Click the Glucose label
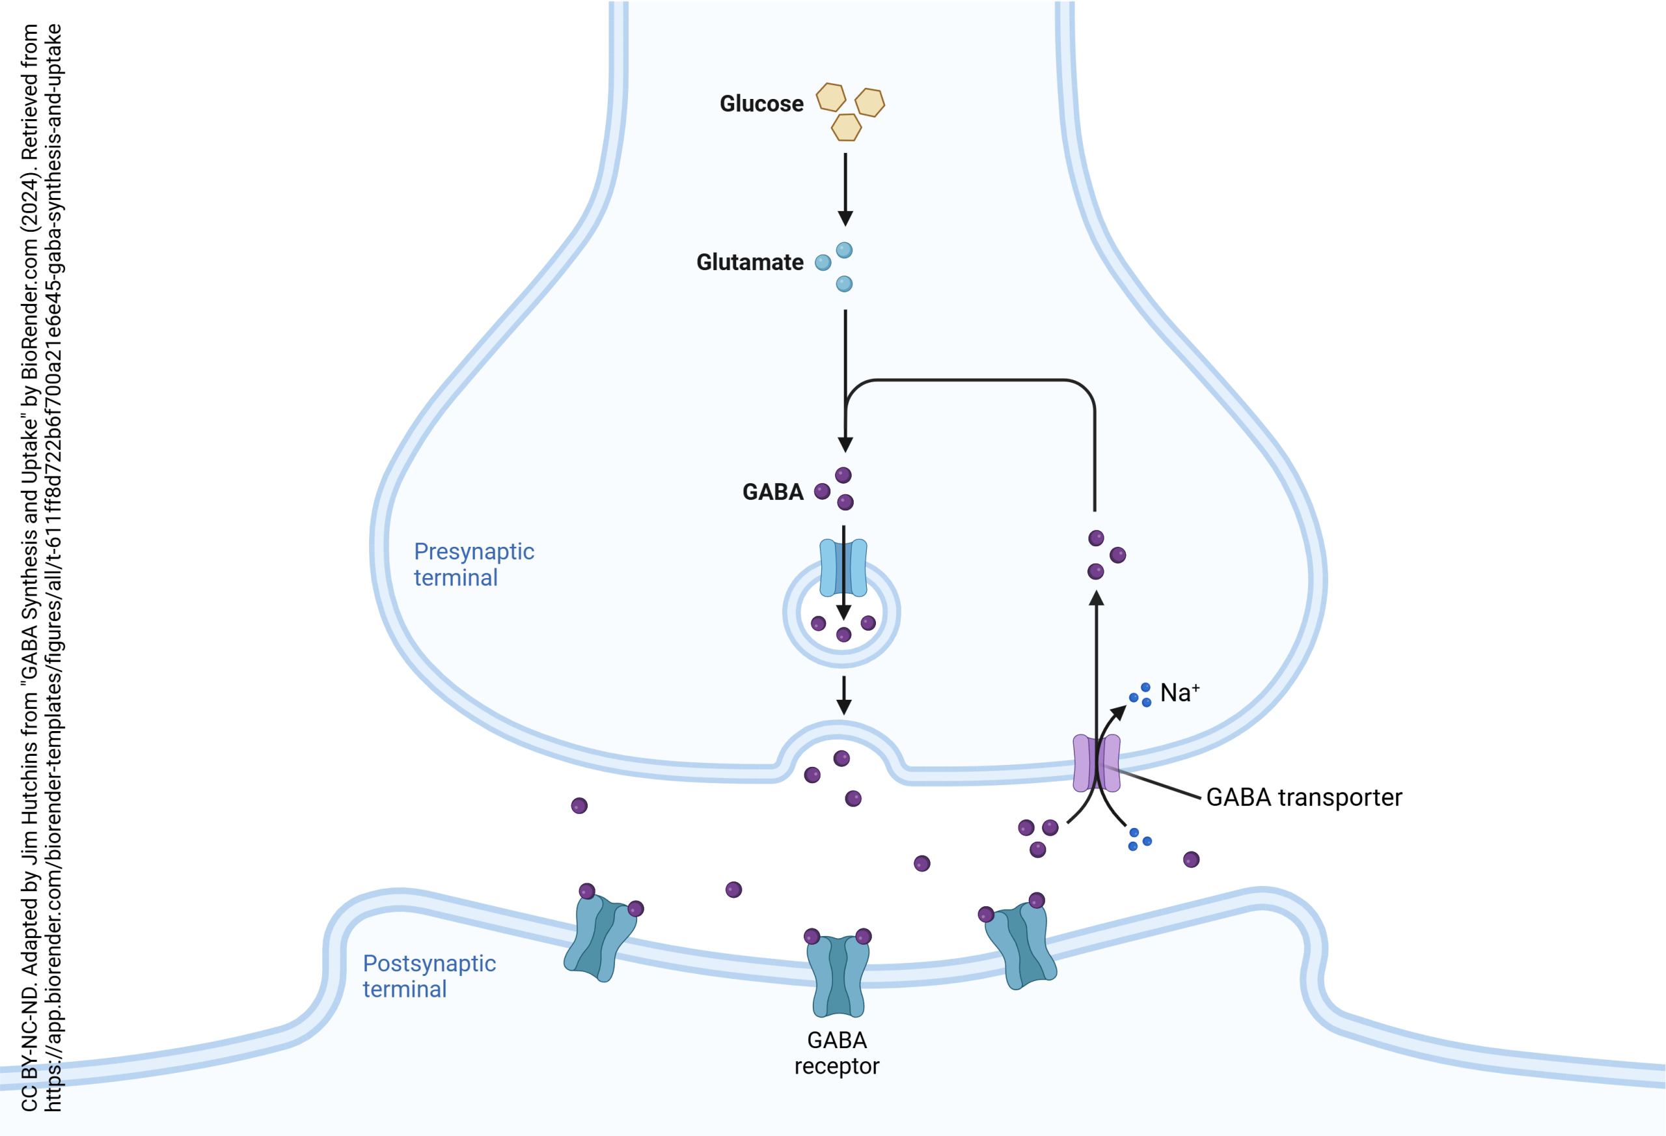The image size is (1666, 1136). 761,104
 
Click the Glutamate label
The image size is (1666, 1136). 749,262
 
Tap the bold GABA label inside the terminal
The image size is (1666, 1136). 772,492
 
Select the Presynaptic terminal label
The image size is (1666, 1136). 473,564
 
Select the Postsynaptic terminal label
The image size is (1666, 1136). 429,976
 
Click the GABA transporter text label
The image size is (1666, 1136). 1304,797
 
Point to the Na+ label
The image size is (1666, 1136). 1179,693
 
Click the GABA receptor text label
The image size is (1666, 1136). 837,1053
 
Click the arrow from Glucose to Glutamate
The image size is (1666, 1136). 845,190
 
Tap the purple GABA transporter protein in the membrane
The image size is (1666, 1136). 1096,763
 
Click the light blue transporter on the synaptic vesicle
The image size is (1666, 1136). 843,568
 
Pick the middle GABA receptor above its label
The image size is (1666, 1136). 838,976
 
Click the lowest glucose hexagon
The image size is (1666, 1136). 846,128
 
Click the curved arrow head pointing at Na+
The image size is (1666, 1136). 1118,712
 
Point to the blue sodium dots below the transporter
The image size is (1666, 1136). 1138,839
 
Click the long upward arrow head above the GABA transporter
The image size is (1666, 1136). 1096,598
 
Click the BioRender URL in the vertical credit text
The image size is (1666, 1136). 53,566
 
